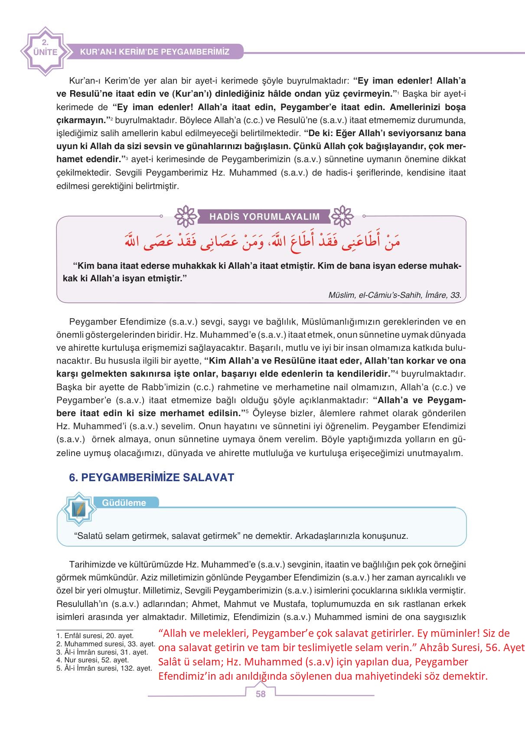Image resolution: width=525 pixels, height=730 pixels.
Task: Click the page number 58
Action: click(261, 694)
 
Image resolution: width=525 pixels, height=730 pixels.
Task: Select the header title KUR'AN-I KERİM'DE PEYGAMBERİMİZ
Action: click(155, 52)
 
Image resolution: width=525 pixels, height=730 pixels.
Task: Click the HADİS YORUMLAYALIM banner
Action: click(264, 217)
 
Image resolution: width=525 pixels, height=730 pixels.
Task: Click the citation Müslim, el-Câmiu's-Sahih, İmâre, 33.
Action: click(395, 295)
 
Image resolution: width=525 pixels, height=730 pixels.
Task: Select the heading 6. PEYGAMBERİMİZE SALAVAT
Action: click(151, 477)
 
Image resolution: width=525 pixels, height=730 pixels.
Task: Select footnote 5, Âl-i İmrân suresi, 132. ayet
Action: click(104, 668)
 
